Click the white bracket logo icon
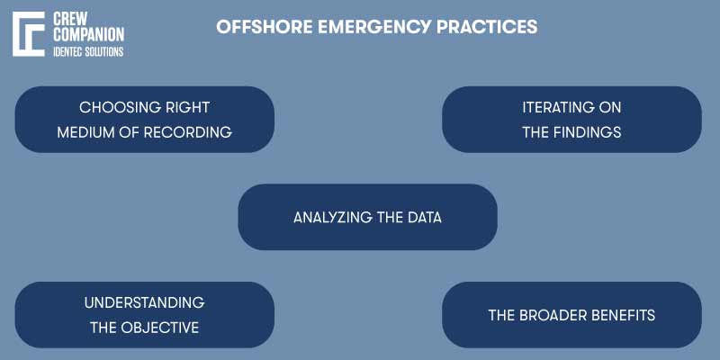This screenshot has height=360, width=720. click(x=28, y=34)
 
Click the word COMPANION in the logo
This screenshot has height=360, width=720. click(x=89, y=34)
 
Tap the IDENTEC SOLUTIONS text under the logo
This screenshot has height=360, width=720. click(x=89, y=51)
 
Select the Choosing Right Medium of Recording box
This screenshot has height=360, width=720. click(x=144, y=119)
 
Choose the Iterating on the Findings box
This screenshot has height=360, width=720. click(x=571, y=119)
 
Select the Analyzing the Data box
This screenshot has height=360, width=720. click(x=367, y=217)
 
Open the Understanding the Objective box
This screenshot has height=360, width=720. click(x=144, y=315)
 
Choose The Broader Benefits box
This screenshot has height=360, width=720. click(x=571, y=315)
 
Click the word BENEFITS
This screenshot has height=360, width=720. click(x=620, y=315)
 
